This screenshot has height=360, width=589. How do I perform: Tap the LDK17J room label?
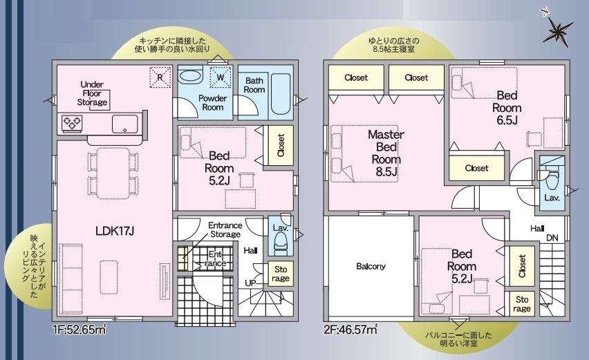point(115,231)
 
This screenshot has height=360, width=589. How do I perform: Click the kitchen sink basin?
point(124,124)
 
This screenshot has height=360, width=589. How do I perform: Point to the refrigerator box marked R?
point(160,77)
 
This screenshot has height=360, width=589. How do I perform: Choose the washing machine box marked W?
point(221,77)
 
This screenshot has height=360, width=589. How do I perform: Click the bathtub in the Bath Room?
point(281,94)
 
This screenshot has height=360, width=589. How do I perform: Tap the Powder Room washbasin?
point(190,75)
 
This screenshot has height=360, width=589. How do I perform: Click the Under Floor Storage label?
point(92,93)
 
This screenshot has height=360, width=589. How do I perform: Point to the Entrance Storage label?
point(225,229)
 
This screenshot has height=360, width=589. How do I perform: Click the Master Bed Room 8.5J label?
point(386,153)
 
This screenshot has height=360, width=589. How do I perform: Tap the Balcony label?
point(371,266)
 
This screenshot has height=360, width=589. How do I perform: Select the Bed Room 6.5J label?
point(507,107)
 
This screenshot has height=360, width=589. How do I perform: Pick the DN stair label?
point(552,238)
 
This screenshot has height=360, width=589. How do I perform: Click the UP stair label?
point(250,283)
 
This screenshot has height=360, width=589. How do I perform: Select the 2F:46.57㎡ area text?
point(350,330)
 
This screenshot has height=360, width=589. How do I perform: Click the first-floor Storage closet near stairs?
point(281,274)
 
